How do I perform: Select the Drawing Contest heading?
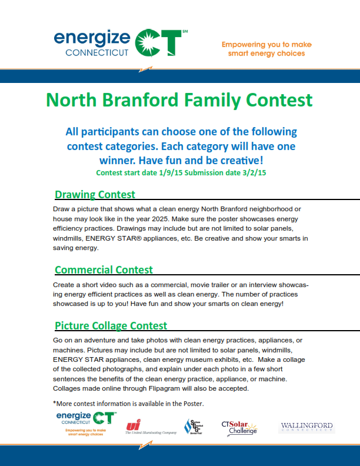[x=95, y=194]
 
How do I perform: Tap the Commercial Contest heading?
[x=104, y=270]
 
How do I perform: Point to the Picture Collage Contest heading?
[x=111, y=325]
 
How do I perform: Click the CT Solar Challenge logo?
[x=239, y=427]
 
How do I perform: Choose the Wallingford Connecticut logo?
[x=306, y=427]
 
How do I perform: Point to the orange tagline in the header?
[x=266, y=49]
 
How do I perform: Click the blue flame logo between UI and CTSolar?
[x=193, y=427]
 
